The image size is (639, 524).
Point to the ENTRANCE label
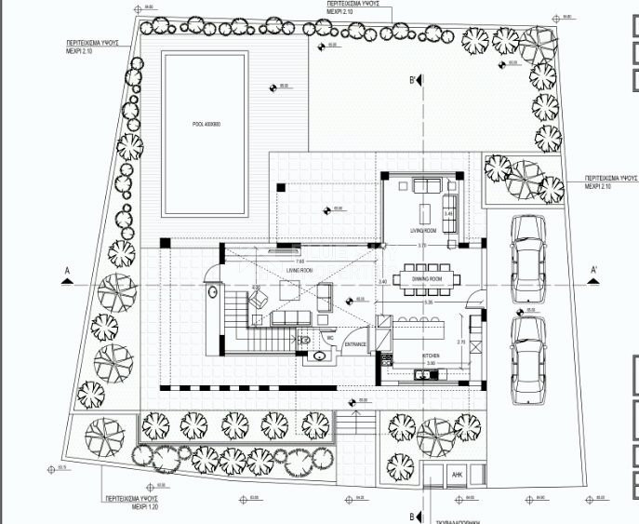pyautogui.click(x=356, y=344)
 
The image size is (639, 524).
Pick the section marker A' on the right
pyautogui.click(x=593, y=271)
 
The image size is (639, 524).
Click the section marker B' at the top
pyautogui.click(x=411, y=81)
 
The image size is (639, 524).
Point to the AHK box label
pyautogui.click(x=458, y=474)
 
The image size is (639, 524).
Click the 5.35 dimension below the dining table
pyautogui.click(x=429, y=302)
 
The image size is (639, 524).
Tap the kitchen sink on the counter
pyautogui.click(x=423, y=375)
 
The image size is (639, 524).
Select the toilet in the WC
pyautogui.click(x=321, y=353)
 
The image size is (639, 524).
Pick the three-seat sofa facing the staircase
pyautogui.click(x=293, y=318)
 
